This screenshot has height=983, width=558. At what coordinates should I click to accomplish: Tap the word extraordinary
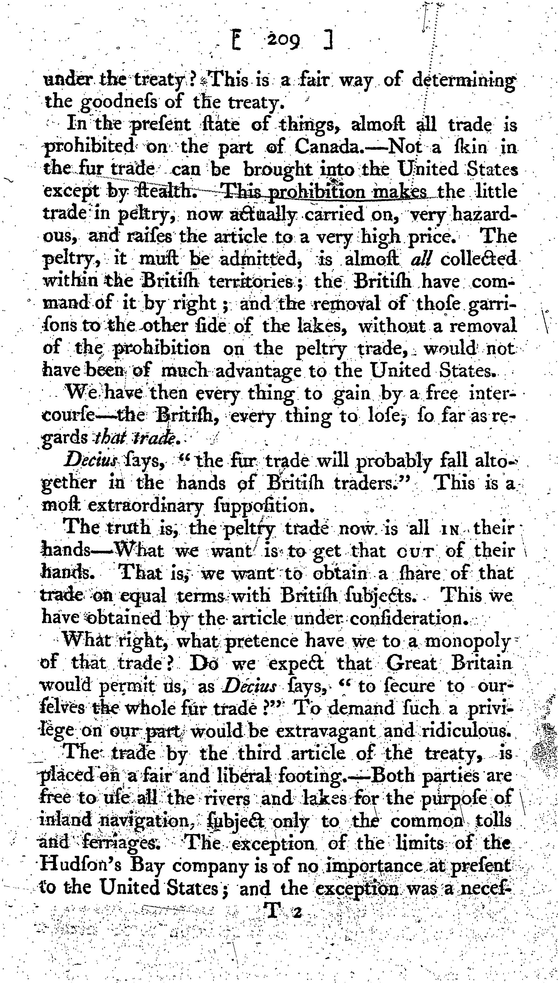tap(145, 506)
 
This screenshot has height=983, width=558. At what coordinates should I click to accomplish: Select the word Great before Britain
tap(412, 663)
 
